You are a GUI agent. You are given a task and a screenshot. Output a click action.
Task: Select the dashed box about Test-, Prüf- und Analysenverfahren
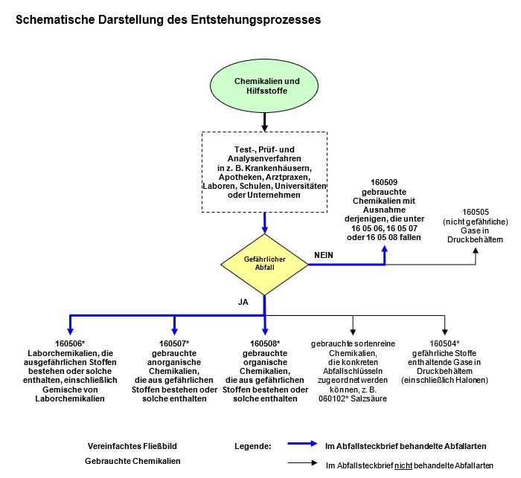pyautogui.click(x=265, y=170)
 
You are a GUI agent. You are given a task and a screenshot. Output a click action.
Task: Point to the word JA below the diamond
pyautogui.click(x=242, y=303)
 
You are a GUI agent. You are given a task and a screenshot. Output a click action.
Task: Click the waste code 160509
pyautogui.click(x=384, y=182)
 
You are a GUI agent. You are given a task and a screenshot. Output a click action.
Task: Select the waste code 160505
pyautogui.click(x=474, y=213)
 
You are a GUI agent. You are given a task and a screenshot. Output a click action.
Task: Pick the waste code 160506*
pyautogui.click(x=71, y=343)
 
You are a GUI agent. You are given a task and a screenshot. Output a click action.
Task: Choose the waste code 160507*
pyautogui.click(x=174, y=343)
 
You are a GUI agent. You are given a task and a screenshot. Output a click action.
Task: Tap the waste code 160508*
pyautogui.click(x=265, y=343)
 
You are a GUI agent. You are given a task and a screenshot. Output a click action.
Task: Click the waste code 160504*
pyautogui.click(x=444, y=343)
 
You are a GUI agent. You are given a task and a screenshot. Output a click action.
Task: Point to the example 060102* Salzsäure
pyautogui.click(x=354, y=398)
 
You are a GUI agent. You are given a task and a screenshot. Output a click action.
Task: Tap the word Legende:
pyautogui.click(x=253, y=446)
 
